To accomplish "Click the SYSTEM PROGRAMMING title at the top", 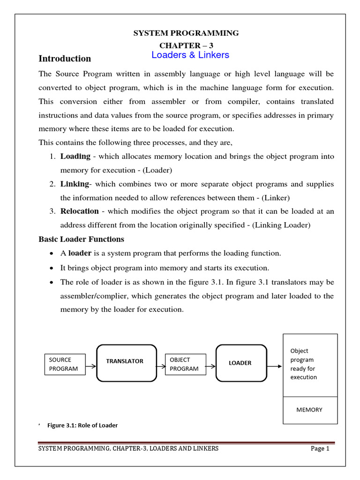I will pos(186,33).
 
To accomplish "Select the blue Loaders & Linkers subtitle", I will pos(190,55).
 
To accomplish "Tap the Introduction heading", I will pos(65,59).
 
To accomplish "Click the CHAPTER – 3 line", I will pos(186,45).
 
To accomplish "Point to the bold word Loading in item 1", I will pos(75,156).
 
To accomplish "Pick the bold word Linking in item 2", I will pos(74,184).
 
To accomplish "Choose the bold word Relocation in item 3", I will pos(79,211).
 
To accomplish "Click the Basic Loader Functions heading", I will pos(81,239).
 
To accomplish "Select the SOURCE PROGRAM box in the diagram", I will pos(65,364).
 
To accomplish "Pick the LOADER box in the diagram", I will pos(240,363).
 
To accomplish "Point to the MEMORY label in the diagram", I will pos(309,410).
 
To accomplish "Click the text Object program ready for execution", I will pos(304,364).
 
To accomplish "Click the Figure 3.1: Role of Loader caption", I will pos(82,425).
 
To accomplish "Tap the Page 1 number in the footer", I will pos(321,449).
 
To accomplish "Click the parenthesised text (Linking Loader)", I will pos(281,225).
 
